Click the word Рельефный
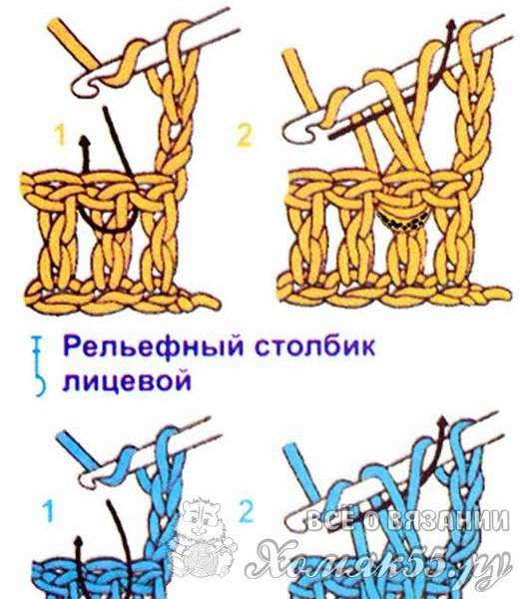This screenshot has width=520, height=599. [154, 346]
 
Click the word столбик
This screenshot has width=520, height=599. [315, 345]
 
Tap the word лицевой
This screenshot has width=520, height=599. [127, 381]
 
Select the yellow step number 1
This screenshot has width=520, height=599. [60, 136]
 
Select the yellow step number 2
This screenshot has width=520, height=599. [244, 136]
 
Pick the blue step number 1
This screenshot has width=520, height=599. [48, 512]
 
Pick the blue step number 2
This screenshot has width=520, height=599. [246, 511]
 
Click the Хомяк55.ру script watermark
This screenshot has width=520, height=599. [378, 561]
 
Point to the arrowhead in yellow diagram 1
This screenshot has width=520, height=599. [85, 142]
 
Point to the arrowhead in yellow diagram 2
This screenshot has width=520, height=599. [452, 26]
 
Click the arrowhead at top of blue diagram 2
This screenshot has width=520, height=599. [443, 422]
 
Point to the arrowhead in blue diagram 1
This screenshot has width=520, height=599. [78, 542]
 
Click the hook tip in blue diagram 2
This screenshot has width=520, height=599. [294, 524]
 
